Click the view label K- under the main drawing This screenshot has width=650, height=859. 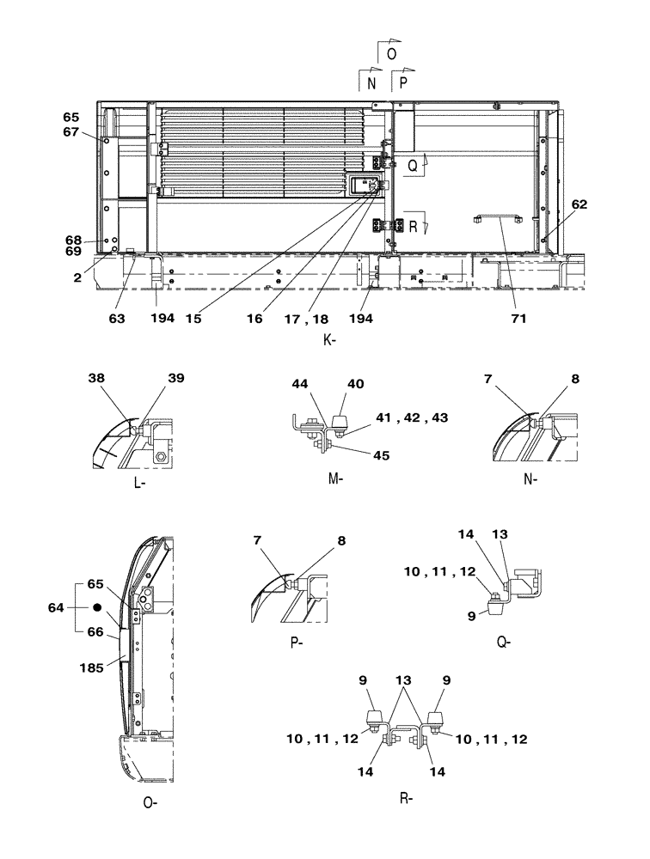(328, 341)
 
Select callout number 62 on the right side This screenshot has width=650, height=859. (579, 204)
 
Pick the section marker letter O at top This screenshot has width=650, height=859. (391, 53)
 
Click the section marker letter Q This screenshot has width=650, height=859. (413, 168)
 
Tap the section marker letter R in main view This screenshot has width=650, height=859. (414, 228)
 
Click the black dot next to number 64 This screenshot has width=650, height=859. (97, 607)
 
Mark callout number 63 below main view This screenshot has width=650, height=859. (117, 318)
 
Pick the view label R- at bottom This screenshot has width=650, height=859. (407, 798)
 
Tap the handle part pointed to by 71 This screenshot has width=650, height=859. (498, 218)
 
